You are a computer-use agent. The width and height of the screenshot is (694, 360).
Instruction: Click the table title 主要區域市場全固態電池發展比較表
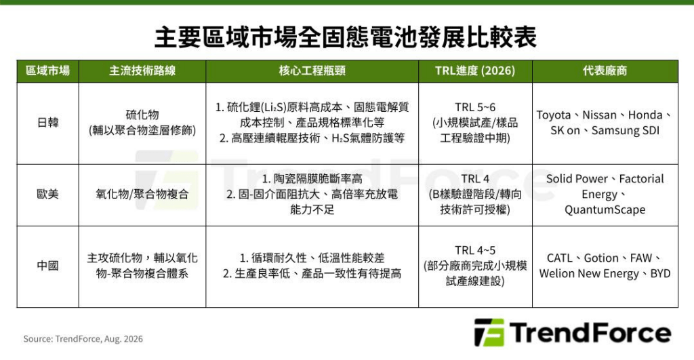pyautogui.click(x=345, y=37)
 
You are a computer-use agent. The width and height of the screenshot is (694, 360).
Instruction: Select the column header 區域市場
pyautogui.click(x=48, y=71)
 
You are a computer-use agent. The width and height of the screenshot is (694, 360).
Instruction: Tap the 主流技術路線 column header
pyautogui.click(x=142, y=71)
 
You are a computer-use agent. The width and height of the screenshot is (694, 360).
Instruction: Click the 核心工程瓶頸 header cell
pyautogui.click(x=312, y=71)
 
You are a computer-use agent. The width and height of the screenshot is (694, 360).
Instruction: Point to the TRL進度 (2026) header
pyautogui.click(x=475, y=71)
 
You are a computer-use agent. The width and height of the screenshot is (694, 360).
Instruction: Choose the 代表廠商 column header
pyautogui.click(x=605, y=71)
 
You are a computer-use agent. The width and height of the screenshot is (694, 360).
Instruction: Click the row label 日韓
pyautogui.click(x=48, y=123)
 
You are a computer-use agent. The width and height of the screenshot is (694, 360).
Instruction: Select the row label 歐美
pyautogui.click(x=48, y=194)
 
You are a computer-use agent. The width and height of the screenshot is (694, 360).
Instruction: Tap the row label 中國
pyautogui.click(x=48, y=266)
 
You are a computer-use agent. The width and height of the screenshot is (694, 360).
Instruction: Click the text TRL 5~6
pyautogui.click(x=475, y=107)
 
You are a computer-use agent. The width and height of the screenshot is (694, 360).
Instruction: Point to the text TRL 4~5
pyautogui.click(x=475, y=250)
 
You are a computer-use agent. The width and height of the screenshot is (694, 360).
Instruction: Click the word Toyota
pyautogui.click(x=554, y=115)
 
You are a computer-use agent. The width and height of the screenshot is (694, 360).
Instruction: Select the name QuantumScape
pyautogui.click(x=605, y=209)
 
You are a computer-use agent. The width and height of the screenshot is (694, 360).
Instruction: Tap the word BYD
pyautogui.click(x=660, y=274)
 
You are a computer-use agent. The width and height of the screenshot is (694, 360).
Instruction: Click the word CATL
pyautogui.click(x=560, y=258)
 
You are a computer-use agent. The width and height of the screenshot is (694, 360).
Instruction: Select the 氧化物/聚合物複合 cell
pyautogui.click(x=142, y=194)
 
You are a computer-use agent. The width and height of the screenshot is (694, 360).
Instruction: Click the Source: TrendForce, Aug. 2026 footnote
pyautogui.click(x=83, y=339)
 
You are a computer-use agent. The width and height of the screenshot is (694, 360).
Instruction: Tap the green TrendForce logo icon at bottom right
pyautogui.click(x=489, y=332)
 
